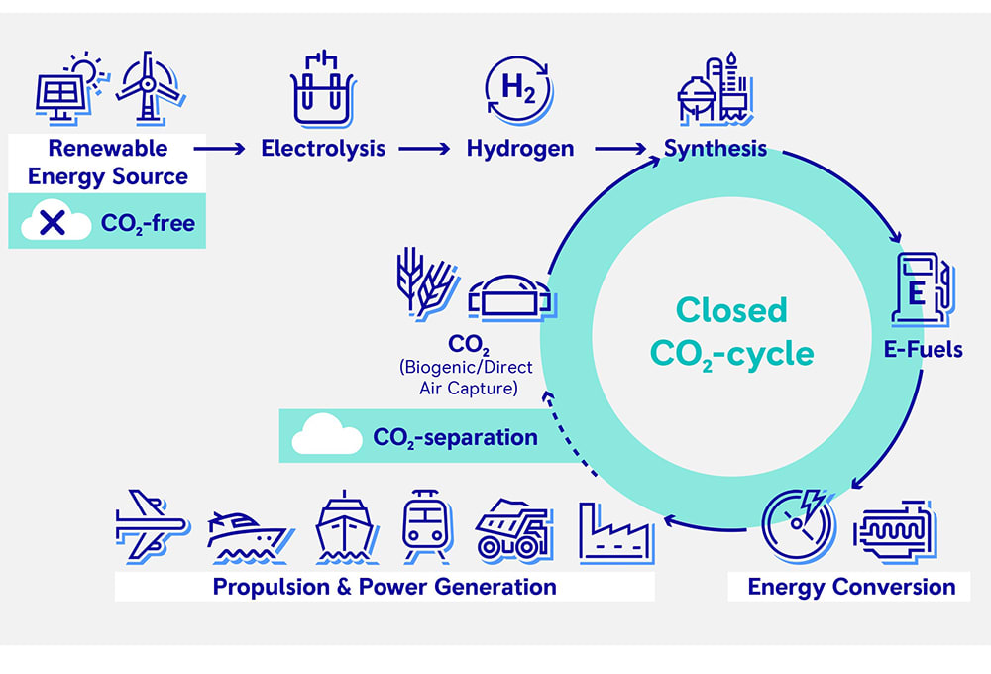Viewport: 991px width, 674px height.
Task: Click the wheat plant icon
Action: point(417,283)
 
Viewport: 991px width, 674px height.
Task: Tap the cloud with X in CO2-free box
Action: point(53,222)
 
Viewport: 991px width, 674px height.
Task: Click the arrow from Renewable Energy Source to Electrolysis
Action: point(220,150)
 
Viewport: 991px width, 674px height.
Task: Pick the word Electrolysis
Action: point(323,150)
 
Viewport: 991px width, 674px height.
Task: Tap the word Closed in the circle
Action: point(731,310)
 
